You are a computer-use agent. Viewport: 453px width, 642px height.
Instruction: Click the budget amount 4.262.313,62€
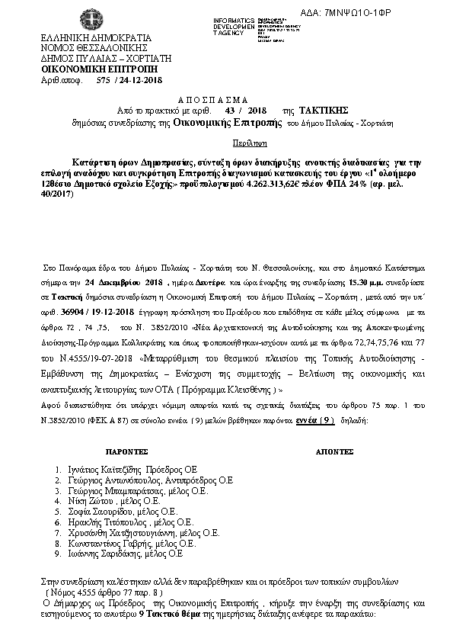click(x=295, y=172)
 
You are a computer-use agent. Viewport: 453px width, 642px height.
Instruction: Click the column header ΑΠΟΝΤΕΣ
click(x=334, y=451)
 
